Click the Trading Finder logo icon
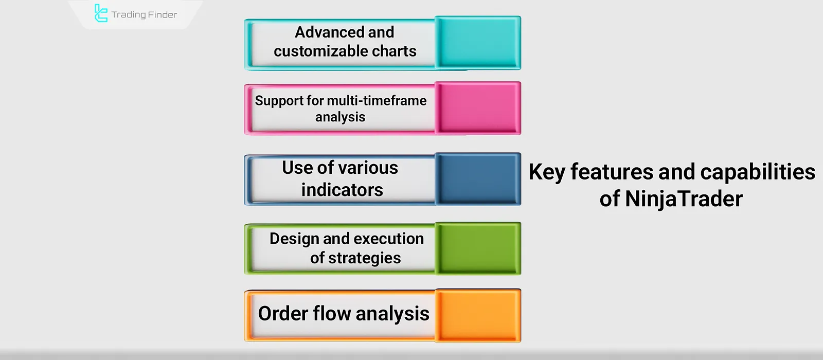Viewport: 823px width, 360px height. click(x=101, y=13)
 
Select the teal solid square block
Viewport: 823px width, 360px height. click(x=478, y=42)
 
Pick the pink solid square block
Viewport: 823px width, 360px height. click(x=478, y=107)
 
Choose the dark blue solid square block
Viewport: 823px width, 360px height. click(x=478, y=178)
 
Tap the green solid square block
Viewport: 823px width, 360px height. click(x=478, y=248)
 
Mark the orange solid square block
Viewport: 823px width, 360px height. click(x=478, y=316)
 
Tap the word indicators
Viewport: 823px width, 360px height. click(x=342, y=190)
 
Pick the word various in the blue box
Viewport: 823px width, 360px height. click(x=369, y=168)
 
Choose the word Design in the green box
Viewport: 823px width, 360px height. click(x=294, y=239)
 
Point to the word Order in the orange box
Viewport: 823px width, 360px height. click(x=283, y=314)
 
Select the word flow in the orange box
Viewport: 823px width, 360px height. click(x=332, y=313)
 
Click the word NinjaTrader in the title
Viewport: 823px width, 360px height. click(x=684, y=199)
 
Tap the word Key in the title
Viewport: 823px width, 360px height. click(x=547, y=172)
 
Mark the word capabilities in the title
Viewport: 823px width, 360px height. click(x=758, y=172)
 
